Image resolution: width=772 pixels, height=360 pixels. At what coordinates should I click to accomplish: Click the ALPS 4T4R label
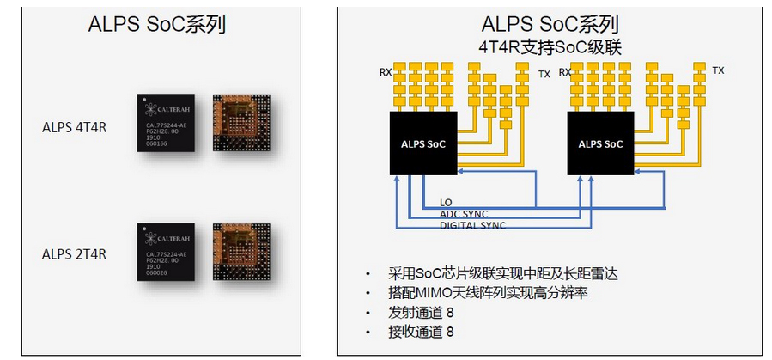74,128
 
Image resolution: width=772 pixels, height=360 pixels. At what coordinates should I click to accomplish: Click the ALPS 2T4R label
74,253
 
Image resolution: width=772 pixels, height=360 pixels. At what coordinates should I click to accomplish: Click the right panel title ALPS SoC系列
550,24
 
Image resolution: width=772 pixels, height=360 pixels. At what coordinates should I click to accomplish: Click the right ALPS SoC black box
600,143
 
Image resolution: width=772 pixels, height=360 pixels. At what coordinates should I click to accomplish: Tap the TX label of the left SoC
544,75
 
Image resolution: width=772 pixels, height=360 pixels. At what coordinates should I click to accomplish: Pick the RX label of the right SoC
565,72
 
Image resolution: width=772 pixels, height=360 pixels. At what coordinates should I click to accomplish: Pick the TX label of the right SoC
718,70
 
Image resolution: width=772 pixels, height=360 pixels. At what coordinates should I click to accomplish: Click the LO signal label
446,203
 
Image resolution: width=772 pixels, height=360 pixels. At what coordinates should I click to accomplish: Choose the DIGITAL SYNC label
472,225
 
